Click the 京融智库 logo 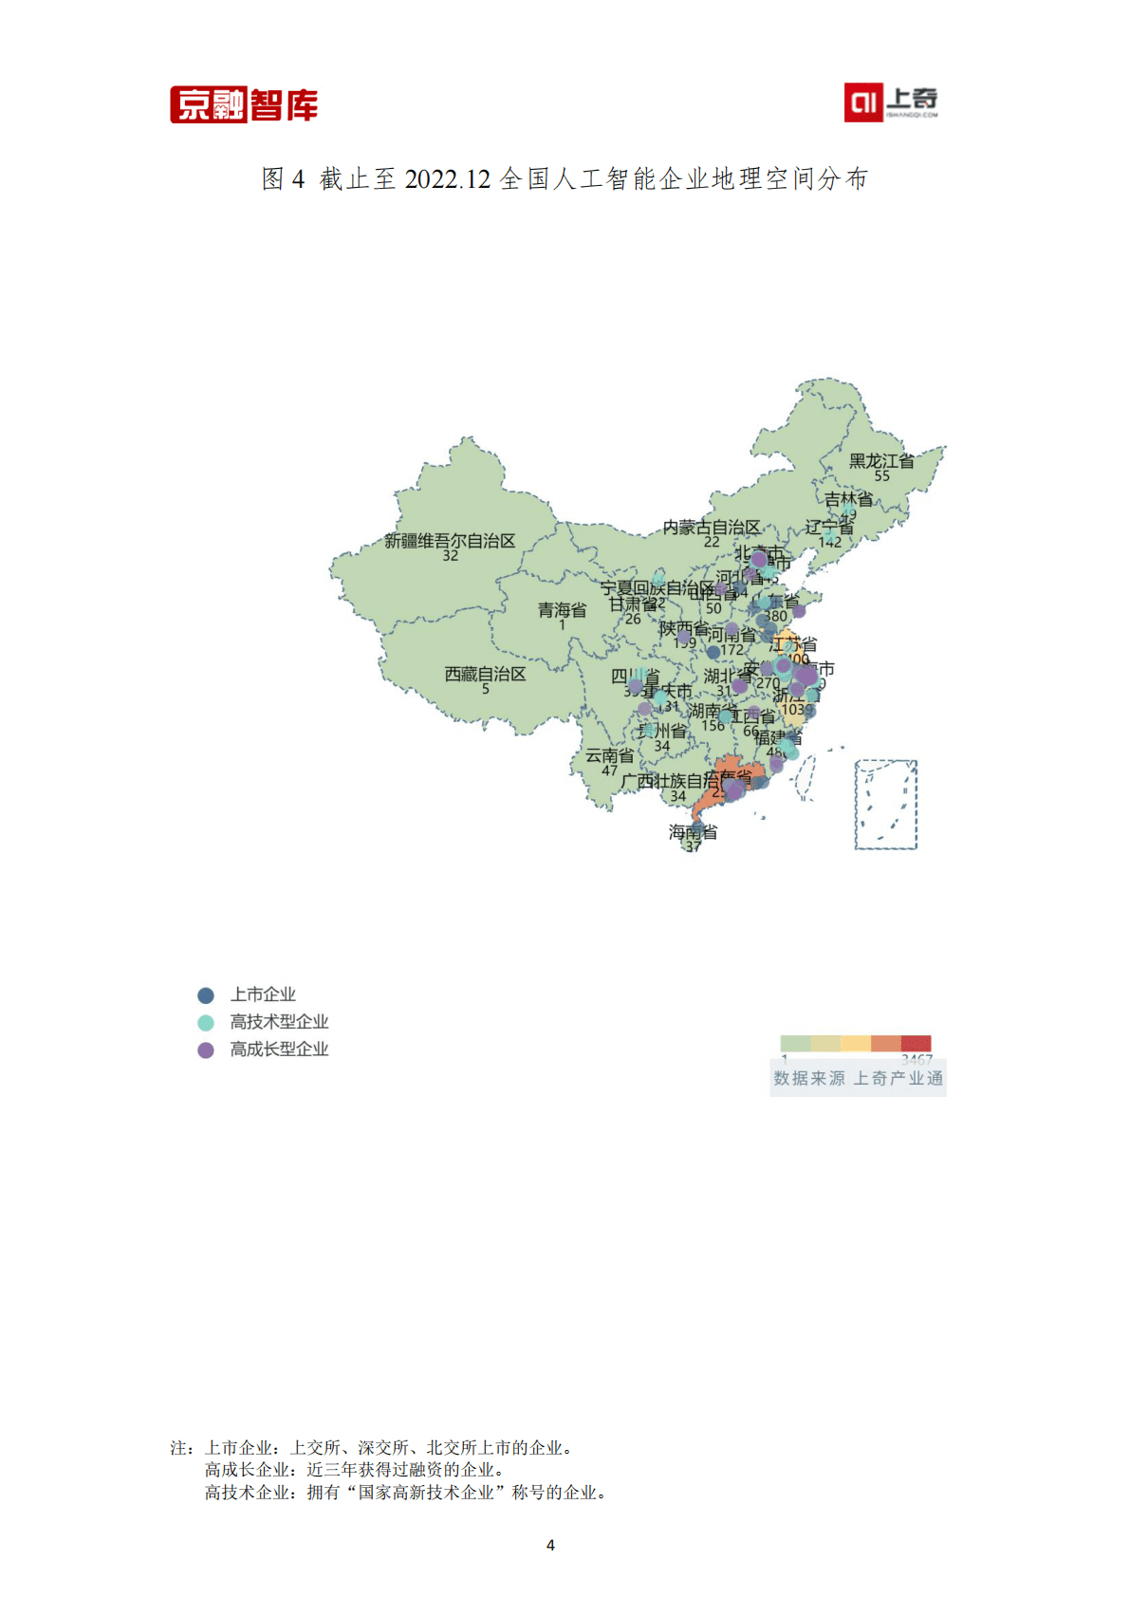click(244, 104)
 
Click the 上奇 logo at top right click(891, 102)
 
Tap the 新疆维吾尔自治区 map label click(450, 541)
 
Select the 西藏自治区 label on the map click(485, 674)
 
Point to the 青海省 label click(562, 609)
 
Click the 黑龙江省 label click(881, 461)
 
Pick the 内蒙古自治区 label click(712, 527)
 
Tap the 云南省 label click(609, 755)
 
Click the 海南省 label click(693, 832)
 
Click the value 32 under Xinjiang click(450, 556)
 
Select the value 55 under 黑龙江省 click(881, 475)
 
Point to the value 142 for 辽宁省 click(829, 543)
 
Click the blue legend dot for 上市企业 click(206, 995)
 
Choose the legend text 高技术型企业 click(279, 1022)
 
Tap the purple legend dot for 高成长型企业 click(206, 1049)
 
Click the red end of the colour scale click(916, 1044)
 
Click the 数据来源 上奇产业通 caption click(858, 1078)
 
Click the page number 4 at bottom click(550, 1545)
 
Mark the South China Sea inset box click(886, 804)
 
